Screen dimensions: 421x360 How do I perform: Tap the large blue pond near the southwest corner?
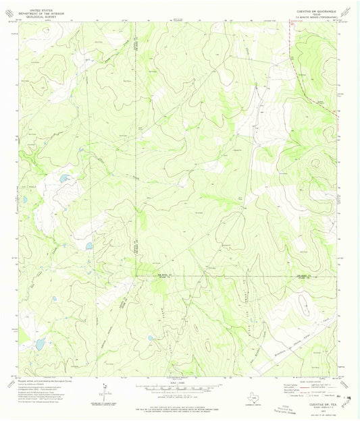click(40, 344)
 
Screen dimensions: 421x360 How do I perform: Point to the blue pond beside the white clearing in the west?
click(64, 179)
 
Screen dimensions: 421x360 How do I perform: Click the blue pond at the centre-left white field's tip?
click(88, 247)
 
